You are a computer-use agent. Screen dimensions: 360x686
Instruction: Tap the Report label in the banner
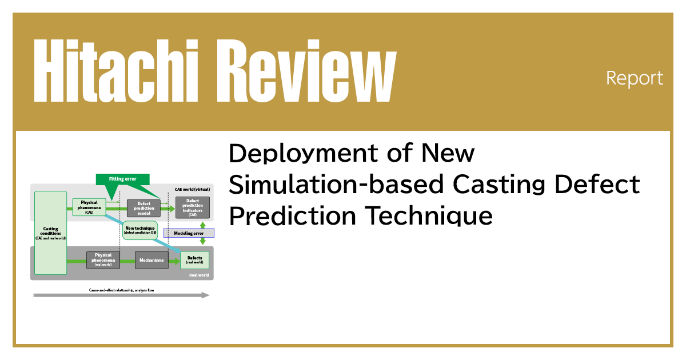coord(635,78)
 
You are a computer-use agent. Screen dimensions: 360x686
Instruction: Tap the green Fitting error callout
coord(122,179)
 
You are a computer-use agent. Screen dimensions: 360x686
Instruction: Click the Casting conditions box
coord(50,233)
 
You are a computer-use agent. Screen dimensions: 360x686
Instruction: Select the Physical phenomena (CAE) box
coord(89,205)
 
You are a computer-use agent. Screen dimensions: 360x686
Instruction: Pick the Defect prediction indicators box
coord(193,207)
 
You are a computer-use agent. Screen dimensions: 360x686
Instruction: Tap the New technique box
coord(139,230)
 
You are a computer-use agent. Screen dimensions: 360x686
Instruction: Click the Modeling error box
coord(189,233)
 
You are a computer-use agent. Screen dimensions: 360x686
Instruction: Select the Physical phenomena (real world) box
coord(103,260)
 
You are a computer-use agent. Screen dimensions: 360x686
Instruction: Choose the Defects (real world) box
coord(194,260)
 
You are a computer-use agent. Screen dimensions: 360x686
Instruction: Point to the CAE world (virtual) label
coord(192,189)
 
